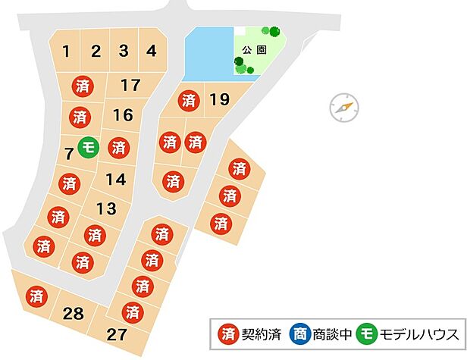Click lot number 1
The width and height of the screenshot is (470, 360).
point(67,52)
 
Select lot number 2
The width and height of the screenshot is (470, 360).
point(96,52)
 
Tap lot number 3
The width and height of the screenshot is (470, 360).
point(124,52)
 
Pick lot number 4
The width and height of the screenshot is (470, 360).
point(152,52)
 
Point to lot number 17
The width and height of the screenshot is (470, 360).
point(130,85)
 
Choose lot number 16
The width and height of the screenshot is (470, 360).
point(123,115)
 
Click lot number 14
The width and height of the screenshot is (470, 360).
point(115,180)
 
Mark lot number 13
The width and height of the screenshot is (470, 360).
point(106,208)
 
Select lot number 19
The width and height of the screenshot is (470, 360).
point(219,99)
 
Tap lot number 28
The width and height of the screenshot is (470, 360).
point(74,312)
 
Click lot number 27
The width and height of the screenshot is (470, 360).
point(117,334)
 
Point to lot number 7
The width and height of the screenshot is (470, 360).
point(69,154)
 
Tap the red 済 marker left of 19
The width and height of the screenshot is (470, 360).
point(189,99)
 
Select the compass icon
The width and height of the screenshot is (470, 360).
point(343,108)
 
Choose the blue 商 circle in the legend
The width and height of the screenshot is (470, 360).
point(300,333)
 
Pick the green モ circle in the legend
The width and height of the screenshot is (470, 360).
point(368,333)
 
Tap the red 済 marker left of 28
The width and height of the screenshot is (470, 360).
point(35,296)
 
